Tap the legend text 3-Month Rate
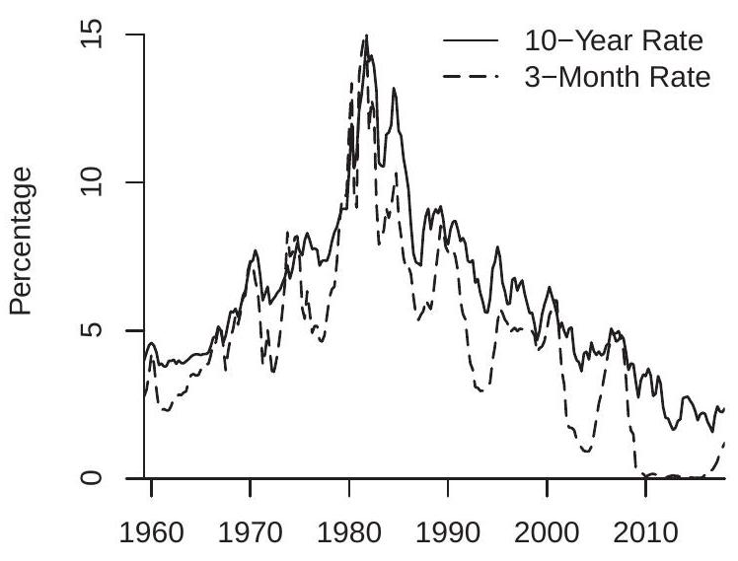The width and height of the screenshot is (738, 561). tap(616, 77)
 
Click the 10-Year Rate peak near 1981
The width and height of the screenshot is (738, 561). tap(366, 36)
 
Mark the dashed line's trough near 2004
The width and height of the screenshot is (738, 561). tap(587, 452)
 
